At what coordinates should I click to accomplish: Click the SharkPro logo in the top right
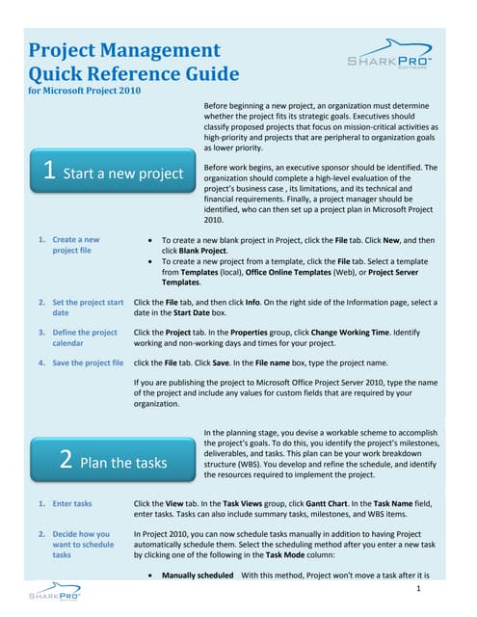pyautogui.click(x=389, y=54)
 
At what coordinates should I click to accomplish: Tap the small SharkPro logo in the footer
pyautogui.click(x=55, y=591)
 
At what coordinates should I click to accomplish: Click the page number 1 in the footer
pyautogui.click(x=418, y=588)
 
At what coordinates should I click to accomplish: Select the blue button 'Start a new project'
pyautogui.click(x=113, y=171)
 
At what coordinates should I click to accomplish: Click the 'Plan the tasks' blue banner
pyautogui.click(x=113, y=459)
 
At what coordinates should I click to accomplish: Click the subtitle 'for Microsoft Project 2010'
pyautogui.click(x=85, y=91)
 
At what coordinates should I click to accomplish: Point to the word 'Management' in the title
pyautogui.click(x=160, y=50)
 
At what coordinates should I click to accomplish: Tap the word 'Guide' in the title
pyautogui.click(x=212, y=74)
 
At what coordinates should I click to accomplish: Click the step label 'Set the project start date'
pyautogui.click(x=88, y=308)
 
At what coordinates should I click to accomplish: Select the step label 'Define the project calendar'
pyautogui.click(x=85, y=337)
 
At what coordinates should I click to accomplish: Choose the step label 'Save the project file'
pyautogui.click(x=88, y=362)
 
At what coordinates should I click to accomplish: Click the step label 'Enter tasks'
pyautogui.click(x=72, y=503)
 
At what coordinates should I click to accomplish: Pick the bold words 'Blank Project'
pyautogui.click(x=203, y=251)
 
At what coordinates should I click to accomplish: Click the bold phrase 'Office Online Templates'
pyautogui.click(x=288, y=272)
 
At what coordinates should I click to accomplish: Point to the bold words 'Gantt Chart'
pyautogui.click(x=327, y=503)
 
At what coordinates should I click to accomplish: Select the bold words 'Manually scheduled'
pyautogui.click(x=198, y=576)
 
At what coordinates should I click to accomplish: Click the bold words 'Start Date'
pyautogui.click(x=191, y=312)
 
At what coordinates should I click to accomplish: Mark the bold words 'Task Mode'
pyautogui.click(x=285, y=555)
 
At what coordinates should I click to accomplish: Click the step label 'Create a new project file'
pyautogui.click(x=76, y=245)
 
